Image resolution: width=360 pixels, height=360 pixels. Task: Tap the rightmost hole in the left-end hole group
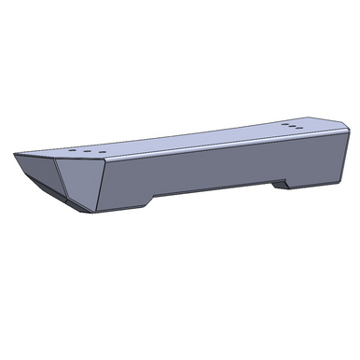(90, 147)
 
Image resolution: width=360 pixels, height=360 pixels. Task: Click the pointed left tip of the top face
(17, 153)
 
